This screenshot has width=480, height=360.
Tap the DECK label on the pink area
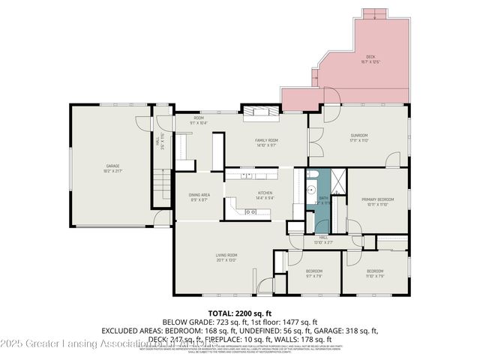(x=370, y=58)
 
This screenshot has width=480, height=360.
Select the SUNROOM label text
(x=359, y=137)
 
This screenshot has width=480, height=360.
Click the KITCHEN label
(x=265, y=195)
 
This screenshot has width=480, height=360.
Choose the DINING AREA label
(x=199, y=197)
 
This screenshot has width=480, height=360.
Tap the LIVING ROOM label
(x=226, y=257)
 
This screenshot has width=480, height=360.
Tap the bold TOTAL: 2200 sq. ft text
(x=240, y=312)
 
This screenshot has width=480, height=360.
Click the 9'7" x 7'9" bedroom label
(x=313, y=273)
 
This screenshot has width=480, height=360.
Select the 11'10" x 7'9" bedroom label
(x=375, y=273)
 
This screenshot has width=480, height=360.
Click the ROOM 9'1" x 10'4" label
(x=199, y=120)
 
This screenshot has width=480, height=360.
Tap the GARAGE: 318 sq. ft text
(x=346, y=330)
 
